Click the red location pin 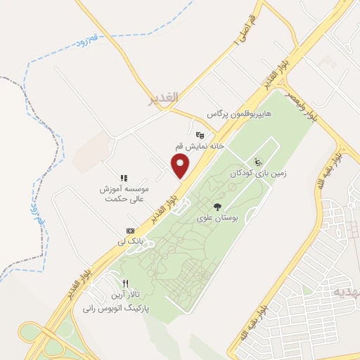click(181, 166)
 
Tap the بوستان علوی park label click(219, 218)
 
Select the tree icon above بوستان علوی click(217, 207)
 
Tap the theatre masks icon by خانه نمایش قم click(200, 134)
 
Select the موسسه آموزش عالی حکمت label click(123, 194)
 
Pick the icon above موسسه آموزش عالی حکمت click(123, 179)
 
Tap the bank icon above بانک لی click(130, 231)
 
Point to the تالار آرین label click(124, 293)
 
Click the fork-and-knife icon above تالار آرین click(124, 283)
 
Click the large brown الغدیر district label click(165, 96)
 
